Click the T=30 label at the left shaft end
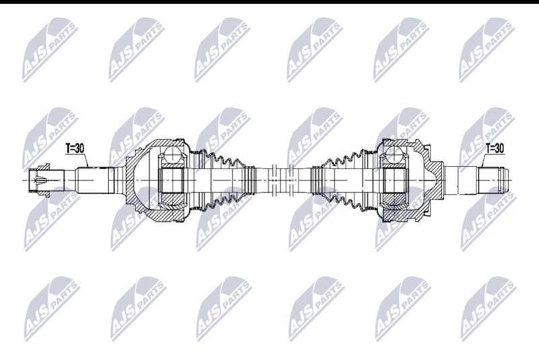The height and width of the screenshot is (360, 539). (x=75, y=148)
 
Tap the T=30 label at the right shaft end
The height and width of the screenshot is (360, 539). (x=495, y=148)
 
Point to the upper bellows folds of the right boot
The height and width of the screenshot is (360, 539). (x=343, y=158)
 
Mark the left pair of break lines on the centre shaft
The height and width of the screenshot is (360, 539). (x=274, y=179)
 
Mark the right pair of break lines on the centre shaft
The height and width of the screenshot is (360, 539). (x=291, y=179)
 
